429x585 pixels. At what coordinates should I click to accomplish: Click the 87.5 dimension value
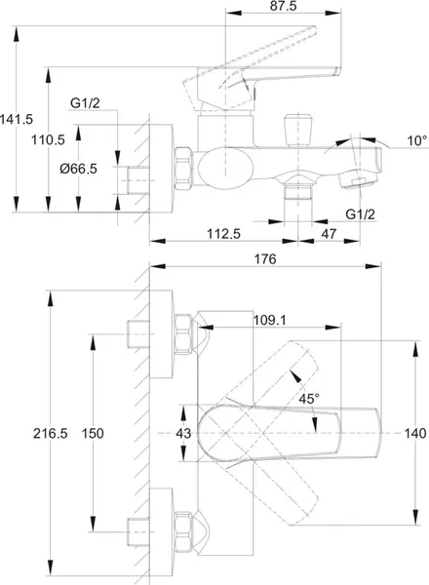click(284, 6)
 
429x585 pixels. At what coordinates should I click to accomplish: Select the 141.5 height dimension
click(17, 119)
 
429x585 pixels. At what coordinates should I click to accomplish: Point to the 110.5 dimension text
click(48, 139)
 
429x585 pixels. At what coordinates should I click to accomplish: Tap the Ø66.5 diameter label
click(79, 169)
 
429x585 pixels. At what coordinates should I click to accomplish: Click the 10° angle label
click(417, 140)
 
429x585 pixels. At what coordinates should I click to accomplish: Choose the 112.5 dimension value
click(224, 234)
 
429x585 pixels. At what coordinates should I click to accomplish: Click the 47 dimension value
click(329, 234)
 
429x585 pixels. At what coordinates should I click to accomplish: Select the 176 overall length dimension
click(265, 259)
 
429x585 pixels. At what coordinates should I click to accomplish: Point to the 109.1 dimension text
click(270, 320)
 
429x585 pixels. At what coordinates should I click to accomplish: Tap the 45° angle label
click(309, 399)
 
